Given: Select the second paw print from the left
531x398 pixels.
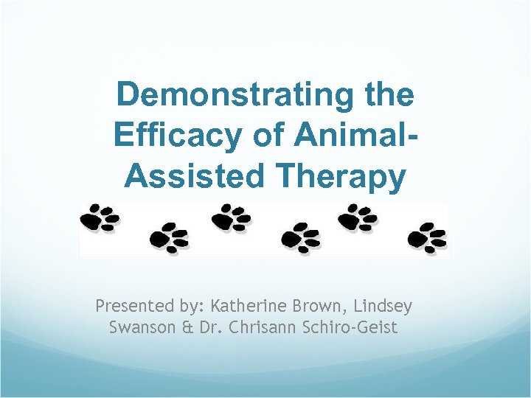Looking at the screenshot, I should tap(169, 237).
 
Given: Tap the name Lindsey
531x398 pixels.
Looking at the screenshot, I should tap(387, 305).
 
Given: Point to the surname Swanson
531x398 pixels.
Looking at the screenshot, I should tap(139, 327).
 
